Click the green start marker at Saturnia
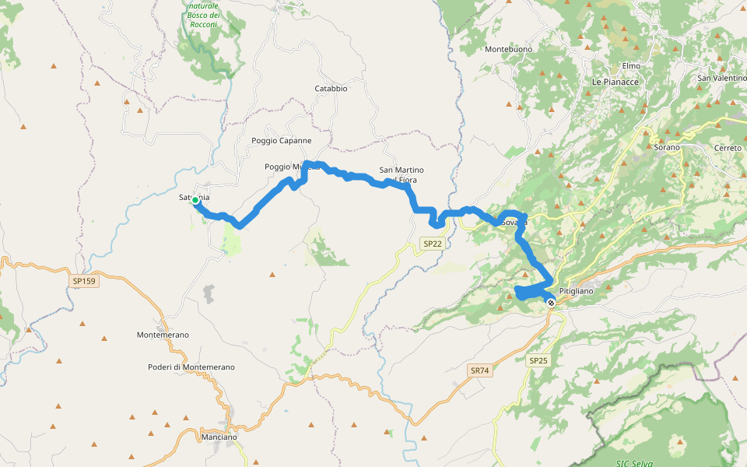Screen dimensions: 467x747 [195, 200]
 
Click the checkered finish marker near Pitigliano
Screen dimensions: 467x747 [551, 302]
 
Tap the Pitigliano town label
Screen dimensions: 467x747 [576, 291]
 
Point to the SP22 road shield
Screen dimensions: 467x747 [433, 244]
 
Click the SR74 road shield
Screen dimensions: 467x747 [480, 370]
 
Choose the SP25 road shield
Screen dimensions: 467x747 [538, 360]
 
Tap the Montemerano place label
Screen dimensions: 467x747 [163, 335]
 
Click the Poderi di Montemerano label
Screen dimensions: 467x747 [191, 367]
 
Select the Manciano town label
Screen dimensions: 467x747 [219, 437]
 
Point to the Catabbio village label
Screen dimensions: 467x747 [331, 89]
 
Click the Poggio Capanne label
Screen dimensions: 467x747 [281, 141]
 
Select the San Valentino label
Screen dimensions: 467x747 [721, 78]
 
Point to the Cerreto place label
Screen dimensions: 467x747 [728, 148]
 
